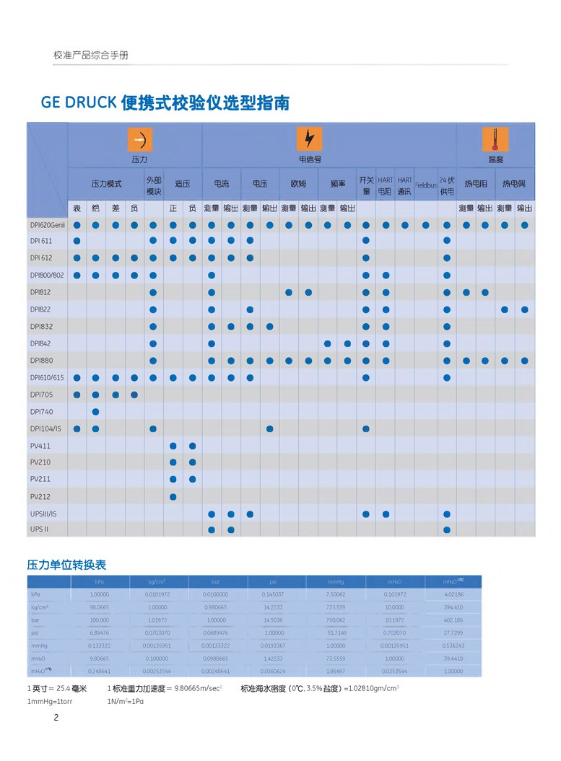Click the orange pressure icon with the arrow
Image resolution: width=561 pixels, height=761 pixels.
[140, 139]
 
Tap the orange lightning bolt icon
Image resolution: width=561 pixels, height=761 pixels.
[310, 138]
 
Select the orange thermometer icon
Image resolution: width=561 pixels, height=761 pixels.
[495, 138]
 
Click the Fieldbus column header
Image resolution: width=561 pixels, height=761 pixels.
[426, 185]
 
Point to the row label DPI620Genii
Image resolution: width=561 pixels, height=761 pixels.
[47, 225]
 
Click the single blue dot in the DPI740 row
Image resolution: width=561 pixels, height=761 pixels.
[95, 412]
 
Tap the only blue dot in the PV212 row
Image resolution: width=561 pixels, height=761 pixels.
[173, 496]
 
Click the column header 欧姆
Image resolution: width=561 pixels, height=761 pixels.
[298, 185]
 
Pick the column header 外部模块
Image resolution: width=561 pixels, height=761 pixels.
[153, 185]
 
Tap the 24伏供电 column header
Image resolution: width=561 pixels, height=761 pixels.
[447, 185]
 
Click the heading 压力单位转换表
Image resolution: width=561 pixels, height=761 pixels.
[66, 565]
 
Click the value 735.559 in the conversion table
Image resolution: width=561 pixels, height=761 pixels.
[336, 607]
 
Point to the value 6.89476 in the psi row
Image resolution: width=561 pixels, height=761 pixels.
[99, 633]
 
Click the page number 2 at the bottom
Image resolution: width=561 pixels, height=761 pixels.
[56, 717]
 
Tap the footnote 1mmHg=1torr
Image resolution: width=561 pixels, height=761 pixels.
[55, 702]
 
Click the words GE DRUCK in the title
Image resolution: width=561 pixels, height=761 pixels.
[79, 102]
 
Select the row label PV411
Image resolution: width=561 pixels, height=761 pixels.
[40, 446]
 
